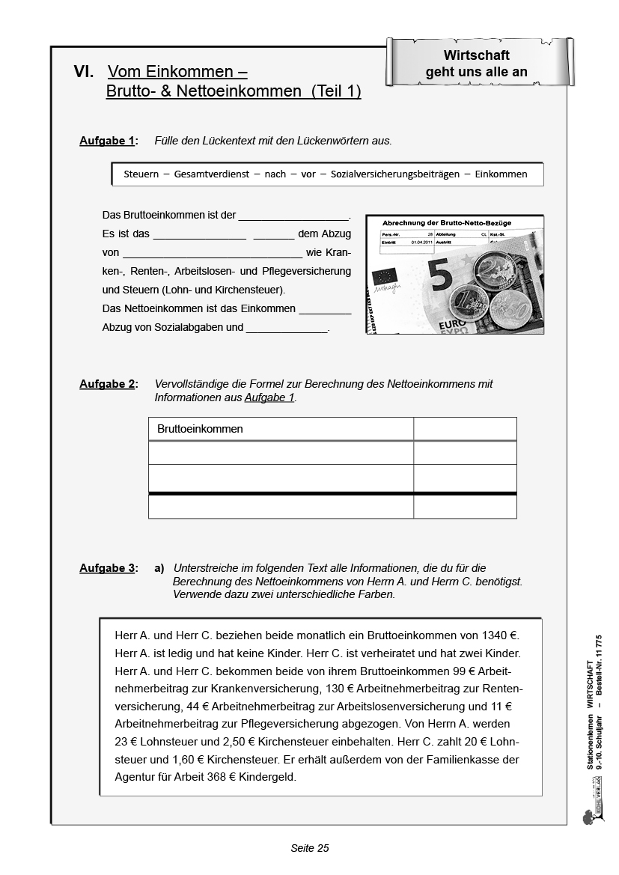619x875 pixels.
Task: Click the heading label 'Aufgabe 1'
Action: click(106, 141)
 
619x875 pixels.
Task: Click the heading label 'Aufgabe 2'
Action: click(106, 384)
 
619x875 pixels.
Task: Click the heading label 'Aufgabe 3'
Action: click(106, 568)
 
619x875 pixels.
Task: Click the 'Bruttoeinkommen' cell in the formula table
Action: click(200, 429)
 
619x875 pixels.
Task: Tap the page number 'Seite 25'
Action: click(310, 848)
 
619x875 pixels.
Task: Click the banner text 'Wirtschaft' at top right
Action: click(477, 55)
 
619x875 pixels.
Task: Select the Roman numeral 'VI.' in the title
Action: click(84, 73)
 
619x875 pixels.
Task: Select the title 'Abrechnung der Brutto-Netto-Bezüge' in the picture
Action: click(447, 223)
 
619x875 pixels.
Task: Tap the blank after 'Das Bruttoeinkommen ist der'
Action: click(293, 216)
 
